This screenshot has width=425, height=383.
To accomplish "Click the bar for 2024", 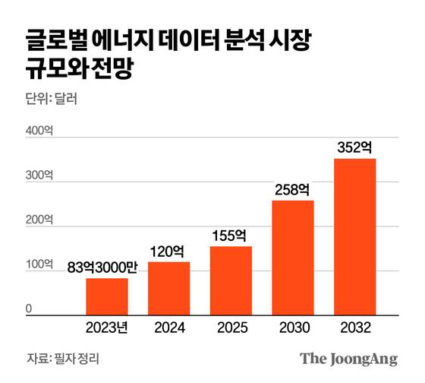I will pos(168,288).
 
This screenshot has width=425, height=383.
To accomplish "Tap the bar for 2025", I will pos(231,280).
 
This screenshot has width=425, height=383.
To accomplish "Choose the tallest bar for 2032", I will pos(355,236).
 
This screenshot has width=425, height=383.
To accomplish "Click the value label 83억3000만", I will pos(106,267).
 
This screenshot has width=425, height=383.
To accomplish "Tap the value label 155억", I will pos(231,235).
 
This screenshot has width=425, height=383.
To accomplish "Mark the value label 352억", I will pos(355,146).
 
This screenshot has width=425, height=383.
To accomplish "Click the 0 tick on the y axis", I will pos(30,309).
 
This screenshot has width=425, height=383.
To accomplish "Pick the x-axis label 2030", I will pos(293,329).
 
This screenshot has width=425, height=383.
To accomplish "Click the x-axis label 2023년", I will pos(106,329).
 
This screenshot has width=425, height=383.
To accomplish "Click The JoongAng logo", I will pos(348,359).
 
